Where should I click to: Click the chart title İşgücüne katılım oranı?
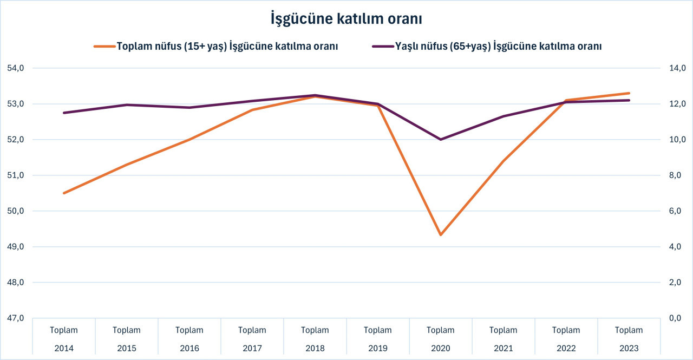tap(346, 19)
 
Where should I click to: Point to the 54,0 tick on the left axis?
tap(16, 68)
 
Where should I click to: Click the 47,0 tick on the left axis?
tap(16, 318)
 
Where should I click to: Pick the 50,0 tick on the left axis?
tap(16, 211)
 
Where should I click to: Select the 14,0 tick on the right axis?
tap(677, 68)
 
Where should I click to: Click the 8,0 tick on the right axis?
tap(677, 175)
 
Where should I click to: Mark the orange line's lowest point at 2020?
tap(441, 235)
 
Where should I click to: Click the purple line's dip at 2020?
tap(441, 140)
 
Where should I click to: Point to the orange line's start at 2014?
tap(64, 193)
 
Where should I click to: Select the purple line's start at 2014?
tap(64, 113)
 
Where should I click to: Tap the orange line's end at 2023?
tap(629, 93)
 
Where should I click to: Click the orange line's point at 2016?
tap(189, 140)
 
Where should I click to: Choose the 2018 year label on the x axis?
tap(315, 348)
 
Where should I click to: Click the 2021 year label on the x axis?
tap(504, 348)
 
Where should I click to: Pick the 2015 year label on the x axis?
tap(127, 348)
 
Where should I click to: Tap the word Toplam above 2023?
tap(629, 330)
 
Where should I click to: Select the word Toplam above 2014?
tap(64, 330)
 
